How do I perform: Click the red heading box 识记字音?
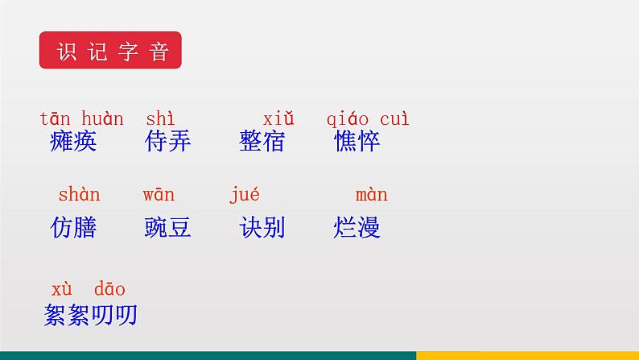click(x=110, y=51)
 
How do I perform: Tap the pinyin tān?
click(x=56, y=119)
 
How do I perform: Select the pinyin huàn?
click(x=102, y=119)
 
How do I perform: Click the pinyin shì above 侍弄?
click(x=160, y=119)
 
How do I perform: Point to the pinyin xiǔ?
click(x=278, y=119)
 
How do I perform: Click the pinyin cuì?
click(x=394, y=119)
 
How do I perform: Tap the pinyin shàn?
click(x=79, y=195)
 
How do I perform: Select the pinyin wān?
click(x=159, y=195)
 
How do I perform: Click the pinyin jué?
click(x=245, y=195)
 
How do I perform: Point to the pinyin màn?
click(x=371, y=195)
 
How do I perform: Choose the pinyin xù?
click(x=63, y=289)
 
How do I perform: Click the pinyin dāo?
click(x=109, y=289)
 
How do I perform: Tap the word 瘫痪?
click(x=72, y=142)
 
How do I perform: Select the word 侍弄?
click(x=168, y=142)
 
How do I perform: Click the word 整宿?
click(x=262, y=142)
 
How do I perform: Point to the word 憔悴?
click(x=357, y=142)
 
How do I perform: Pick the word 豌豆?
click(x=167, y=228)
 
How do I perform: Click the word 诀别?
click(x=262, y=228)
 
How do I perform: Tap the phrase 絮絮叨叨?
click(x=91, y=315)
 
